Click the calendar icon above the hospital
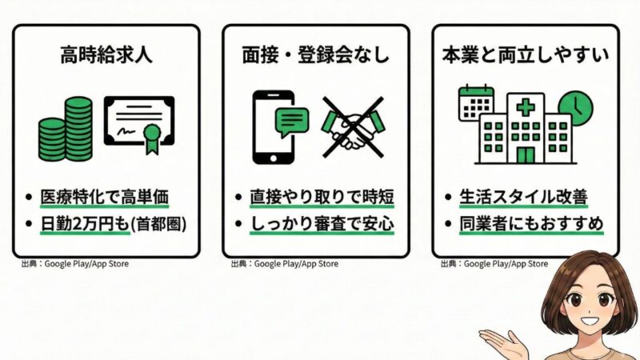[476, 102]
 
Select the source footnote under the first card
[76, 263]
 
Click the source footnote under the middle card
[284, 263]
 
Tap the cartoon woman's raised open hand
[502, 342]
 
